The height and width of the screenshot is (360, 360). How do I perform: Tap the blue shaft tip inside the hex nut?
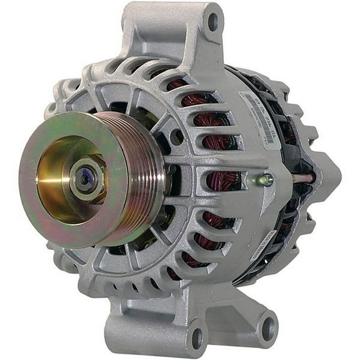pyautogui.click(x=85, y=177)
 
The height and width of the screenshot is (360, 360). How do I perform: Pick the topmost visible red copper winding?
pyautogui.click(x=178, y=84)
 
